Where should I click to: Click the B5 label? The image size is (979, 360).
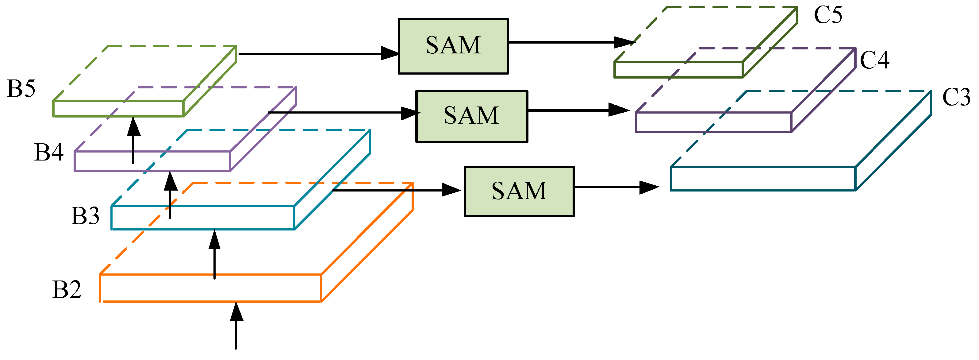coord(21,89)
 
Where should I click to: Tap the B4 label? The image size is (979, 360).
coord(49,153)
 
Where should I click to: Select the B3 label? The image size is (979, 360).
coord(85,216)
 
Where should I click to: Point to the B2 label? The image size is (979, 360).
coord(67,289)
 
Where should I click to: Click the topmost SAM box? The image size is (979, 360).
coord(453,46)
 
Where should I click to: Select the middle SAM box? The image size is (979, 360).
coord(471,116)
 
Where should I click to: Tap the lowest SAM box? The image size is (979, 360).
coord(519,191)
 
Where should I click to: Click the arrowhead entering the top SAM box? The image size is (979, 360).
coord(391,54)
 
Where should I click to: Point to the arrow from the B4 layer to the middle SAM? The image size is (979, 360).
coord(342,113)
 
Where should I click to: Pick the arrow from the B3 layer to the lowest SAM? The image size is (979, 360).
coord(395,190)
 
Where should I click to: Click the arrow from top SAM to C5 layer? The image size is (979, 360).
coord(570,42)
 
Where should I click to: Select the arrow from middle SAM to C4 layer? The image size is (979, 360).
coord(578,110)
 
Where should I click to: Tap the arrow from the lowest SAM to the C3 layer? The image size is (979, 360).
coord(616,187)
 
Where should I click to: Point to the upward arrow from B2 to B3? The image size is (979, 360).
coord(215,255)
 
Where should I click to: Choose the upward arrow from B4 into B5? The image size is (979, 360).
coord(133,141)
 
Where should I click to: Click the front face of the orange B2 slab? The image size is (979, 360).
coord(210,288)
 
